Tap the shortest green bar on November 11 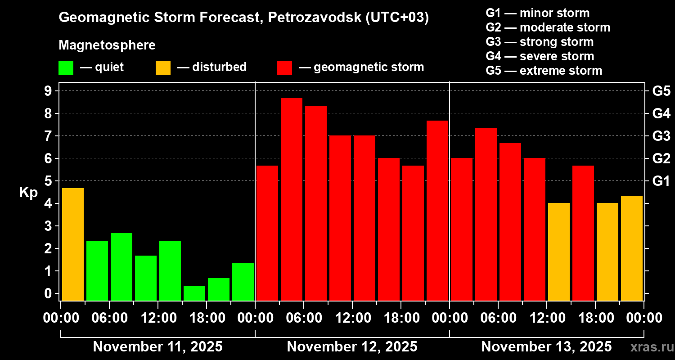194,293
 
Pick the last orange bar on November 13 632,248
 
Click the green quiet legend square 66,68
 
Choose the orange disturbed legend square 163,68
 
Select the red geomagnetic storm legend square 284,68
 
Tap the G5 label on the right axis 661,91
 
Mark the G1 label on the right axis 661,181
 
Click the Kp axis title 28,193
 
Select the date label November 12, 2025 352,347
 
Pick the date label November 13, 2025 546,347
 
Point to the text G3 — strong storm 540,42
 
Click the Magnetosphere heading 107,45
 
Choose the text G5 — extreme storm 544,71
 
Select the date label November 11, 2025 157,347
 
